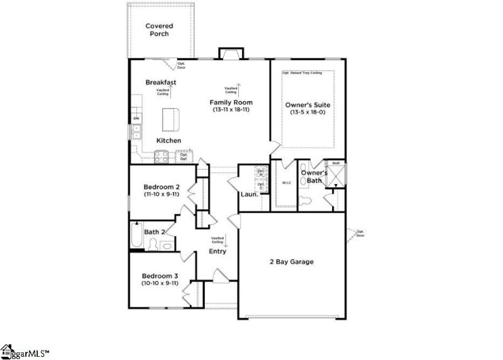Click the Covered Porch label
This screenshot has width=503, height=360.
point(159,30)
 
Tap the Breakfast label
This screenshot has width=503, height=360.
point(160,82)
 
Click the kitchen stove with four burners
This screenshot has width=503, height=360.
point(160,158)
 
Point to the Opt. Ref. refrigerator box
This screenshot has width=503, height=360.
point(184,156)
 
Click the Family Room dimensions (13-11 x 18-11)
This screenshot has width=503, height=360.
point(231,110)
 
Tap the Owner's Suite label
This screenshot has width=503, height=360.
point(308,105)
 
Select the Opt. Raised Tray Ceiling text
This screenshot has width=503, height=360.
point(302,74)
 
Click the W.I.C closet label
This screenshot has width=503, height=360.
point(286,183)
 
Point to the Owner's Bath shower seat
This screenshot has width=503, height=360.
point(336,163)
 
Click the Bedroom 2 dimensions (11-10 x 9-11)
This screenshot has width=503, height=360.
point(162,194)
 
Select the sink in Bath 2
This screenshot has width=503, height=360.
point(167,246)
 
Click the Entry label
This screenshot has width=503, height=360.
point(218,251)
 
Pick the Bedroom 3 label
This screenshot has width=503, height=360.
point(160,276)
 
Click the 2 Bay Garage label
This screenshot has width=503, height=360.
point(291,261)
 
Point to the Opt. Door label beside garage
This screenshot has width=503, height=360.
point(360,234)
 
